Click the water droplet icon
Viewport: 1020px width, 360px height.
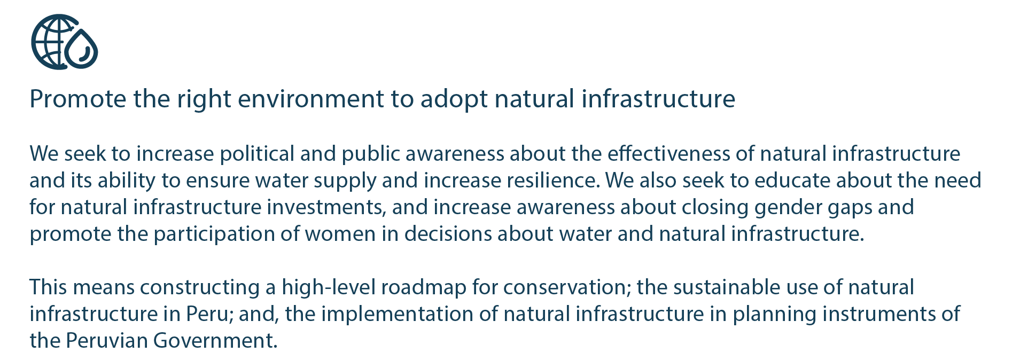point(82,49)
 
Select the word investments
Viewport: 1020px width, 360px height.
point(326,207)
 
